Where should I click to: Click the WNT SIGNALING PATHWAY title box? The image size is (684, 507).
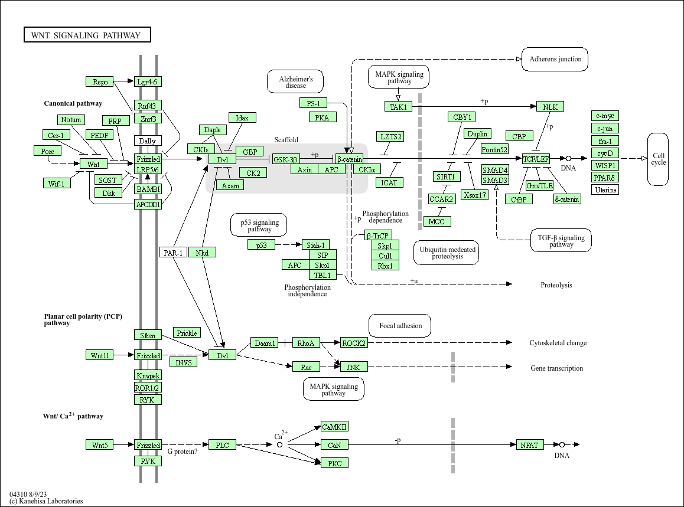tap(87, 35)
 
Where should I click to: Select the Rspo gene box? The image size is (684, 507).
tap(99, 81)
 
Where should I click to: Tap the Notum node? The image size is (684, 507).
tap(71, 120)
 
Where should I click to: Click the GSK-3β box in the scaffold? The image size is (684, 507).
tap(286, 159)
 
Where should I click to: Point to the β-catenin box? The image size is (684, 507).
tap(349, 159)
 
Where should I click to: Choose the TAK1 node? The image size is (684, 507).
tap(398, 107)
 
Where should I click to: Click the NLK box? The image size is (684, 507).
tap(550, 107)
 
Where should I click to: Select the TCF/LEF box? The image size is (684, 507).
tap(536, 159)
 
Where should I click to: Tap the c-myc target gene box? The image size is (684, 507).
tap(605, 116)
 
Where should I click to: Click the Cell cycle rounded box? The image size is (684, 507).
tap(658, 159)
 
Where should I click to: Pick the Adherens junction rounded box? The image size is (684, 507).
tap(555, 59)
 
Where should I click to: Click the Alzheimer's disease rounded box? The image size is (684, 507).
tap(296, 81)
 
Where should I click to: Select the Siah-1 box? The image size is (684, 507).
tap(315, 245)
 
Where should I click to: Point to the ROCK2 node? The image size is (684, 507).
tap(354, 343)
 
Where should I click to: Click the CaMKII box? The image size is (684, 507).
tap(334, 427)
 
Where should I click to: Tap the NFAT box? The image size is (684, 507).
tap(529, 445)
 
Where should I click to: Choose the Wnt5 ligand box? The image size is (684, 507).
tap(99, 445)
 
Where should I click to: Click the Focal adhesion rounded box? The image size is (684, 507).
tap(400, 326)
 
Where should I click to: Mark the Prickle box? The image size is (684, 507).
tap(187, 333)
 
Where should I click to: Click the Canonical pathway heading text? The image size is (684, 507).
tap(73, 103)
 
